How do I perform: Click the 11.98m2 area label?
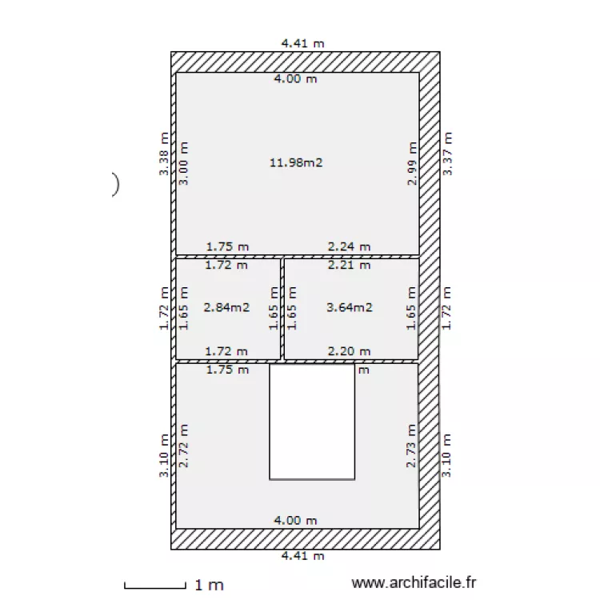(296, 162)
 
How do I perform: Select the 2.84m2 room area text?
(226, 306)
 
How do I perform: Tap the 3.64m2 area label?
(350, 306)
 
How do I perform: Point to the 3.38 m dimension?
(164, 154)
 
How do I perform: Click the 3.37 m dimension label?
(448, 154)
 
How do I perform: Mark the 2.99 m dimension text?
(412, 164)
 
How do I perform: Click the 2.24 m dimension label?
(350, 247)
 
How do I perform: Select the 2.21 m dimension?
(350, 264)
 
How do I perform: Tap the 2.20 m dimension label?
(350, 351)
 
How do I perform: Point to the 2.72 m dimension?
(183, 446)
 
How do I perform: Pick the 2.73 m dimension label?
(412, 446)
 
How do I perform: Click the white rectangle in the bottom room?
(311, 422)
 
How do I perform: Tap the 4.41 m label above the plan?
(302, 44)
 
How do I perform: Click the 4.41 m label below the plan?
(302, 556)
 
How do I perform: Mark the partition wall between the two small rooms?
(282, 308)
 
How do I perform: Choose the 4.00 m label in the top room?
(295, 78)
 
